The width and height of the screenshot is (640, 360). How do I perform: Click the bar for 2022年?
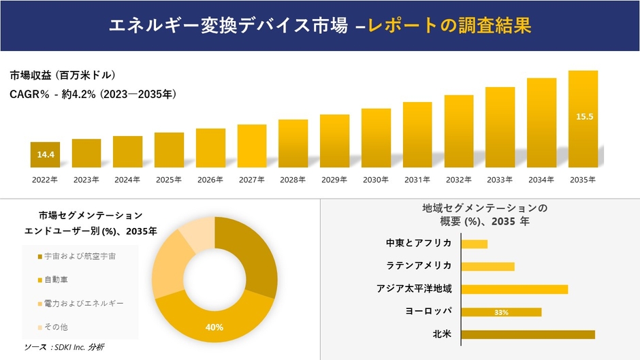point(45,154)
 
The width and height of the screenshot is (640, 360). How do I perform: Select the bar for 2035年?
point(583,119)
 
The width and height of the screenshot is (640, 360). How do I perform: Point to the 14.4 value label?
point(45,155)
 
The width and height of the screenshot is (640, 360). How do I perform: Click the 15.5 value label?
point(584,116)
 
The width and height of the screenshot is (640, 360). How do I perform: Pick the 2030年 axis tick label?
point(375,180)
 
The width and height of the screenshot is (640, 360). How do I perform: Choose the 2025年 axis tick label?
point(169,180)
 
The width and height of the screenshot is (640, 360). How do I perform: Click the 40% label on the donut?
point(214,327)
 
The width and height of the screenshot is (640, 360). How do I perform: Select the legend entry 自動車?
point(56,280)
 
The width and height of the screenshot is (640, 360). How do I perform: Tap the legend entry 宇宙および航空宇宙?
point(79,256)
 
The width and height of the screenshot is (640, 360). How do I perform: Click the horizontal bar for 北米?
point(528,334)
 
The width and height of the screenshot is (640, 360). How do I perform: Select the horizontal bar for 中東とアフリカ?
point(475,244)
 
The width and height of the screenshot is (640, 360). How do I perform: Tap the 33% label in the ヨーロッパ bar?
point(501,312)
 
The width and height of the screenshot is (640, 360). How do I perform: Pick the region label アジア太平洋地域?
point(414,289)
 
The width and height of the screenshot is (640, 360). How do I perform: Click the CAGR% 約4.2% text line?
point(93,95)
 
